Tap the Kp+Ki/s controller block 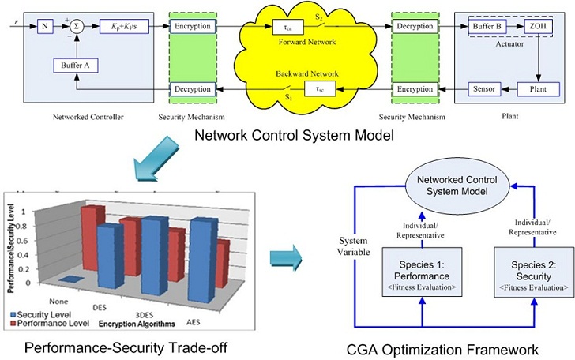point(123,26)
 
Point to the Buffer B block point(487,26)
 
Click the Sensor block point(483,88)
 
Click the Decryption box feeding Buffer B point(415,26)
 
